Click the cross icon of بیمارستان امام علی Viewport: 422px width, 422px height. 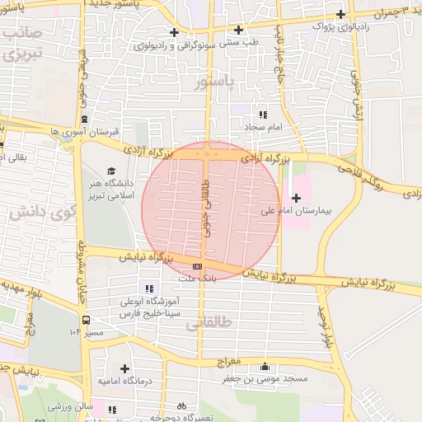coord(297,198)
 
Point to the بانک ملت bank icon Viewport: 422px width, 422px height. coord(198,266)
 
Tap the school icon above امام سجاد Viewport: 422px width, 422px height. coord(263,115)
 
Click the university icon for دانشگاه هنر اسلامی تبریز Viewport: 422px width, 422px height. coord(111,171)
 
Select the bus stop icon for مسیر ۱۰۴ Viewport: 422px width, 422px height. coord(86,320)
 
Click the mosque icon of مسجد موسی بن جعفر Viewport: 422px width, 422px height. coord(265,367)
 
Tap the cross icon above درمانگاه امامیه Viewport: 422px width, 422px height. coord(124,368)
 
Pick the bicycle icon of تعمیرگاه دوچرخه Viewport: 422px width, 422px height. coord(182,406)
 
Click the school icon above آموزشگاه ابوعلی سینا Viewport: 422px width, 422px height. coord(149,288)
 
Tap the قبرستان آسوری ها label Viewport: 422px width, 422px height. coord(86,131)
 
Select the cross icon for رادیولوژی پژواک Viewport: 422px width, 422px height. coord(341,14)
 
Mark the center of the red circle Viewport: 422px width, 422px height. coord(211,211)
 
